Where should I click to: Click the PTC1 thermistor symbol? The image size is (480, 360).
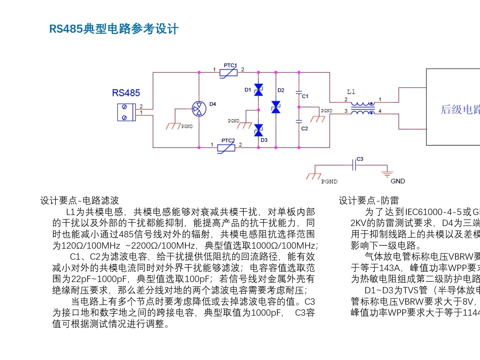click(229, 72)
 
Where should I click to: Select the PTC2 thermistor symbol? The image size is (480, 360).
click(226, 147)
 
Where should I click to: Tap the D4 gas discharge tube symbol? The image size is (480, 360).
click(199, 108)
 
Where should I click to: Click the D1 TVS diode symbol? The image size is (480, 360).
click(258, 90)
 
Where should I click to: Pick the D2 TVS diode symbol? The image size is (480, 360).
click(276, 107)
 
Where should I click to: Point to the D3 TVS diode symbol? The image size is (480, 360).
click(258, 130)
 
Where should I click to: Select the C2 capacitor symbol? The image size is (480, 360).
click(299, 121)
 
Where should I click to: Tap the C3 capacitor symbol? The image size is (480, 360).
click(354, 165)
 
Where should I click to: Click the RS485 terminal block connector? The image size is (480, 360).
click(126, 112)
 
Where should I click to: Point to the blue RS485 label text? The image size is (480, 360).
click(126, 93)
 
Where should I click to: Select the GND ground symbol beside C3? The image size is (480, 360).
click(387, 174)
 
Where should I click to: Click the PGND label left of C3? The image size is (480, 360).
click(329, 182)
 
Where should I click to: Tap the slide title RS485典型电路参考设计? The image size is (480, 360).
click(114, 29)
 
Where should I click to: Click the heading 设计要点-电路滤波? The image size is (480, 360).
click(80, 200)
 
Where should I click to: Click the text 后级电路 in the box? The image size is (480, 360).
click(460, 109)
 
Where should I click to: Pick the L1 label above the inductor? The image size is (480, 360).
click(351, 92)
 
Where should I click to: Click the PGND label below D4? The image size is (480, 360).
click(187, 127)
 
